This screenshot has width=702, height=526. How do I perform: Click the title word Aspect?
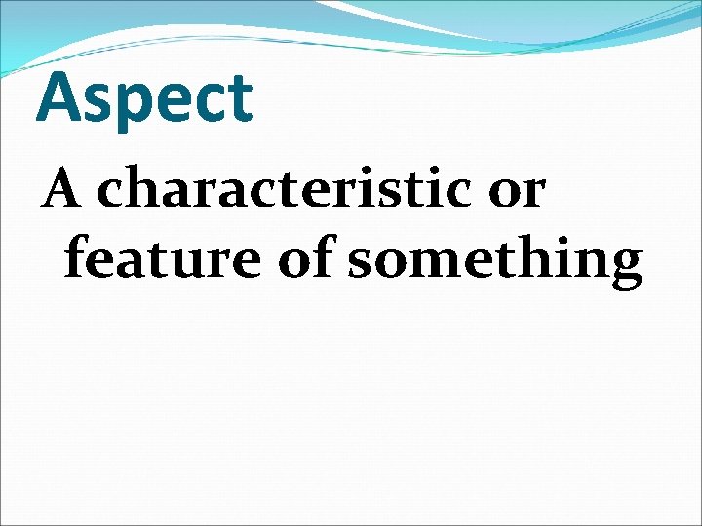[144, 99]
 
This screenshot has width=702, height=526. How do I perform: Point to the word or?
[516, 190]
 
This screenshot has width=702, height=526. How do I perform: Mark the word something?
[495, 261]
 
